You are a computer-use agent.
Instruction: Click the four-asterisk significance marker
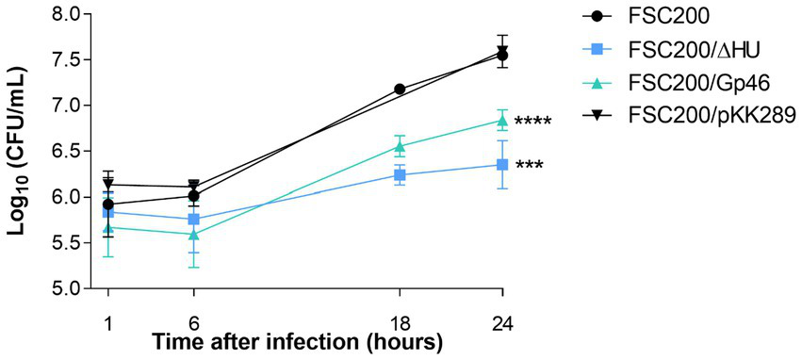(x=532, y=122)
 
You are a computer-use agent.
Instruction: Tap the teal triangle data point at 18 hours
(x=400, y=146)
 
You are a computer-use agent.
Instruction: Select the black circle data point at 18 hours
(x=400, y=89)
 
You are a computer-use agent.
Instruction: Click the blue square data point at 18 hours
(x=400, y=175)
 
